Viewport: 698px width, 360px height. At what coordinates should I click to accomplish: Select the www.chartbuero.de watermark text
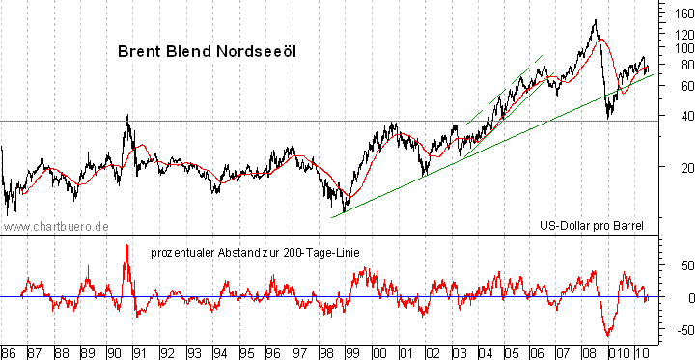pos(55,225)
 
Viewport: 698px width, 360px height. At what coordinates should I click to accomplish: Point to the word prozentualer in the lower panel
pos(184,252)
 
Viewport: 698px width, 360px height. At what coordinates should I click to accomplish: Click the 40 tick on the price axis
pos(683,116)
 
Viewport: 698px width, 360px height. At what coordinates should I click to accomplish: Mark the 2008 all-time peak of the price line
pos(595,20)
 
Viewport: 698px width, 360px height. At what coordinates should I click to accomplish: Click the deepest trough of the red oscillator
pos(608,335)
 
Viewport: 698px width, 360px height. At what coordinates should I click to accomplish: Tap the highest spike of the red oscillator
pos(126,246)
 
